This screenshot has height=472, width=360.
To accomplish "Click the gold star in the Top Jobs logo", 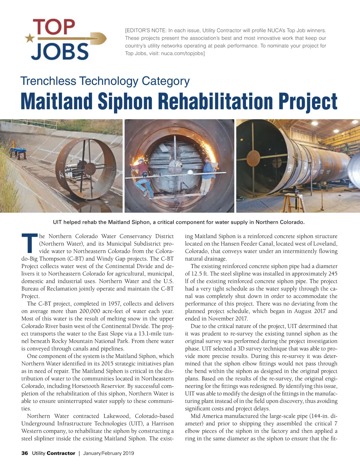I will click(x=29, y=38).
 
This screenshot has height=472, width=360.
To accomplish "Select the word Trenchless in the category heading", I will click(x=48, y=81).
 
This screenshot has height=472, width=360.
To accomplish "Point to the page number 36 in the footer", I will click(x=25, y=453).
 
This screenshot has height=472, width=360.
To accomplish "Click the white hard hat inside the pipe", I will click(x=190, y=172).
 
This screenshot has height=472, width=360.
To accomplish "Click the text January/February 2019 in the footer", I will click(x=109, y=453).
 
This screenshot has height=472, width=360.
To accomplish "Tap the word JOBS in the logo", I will click(x=60, y=51).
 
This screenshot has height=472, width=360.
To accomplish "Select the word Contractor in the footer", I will click(x=61, y=453).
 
